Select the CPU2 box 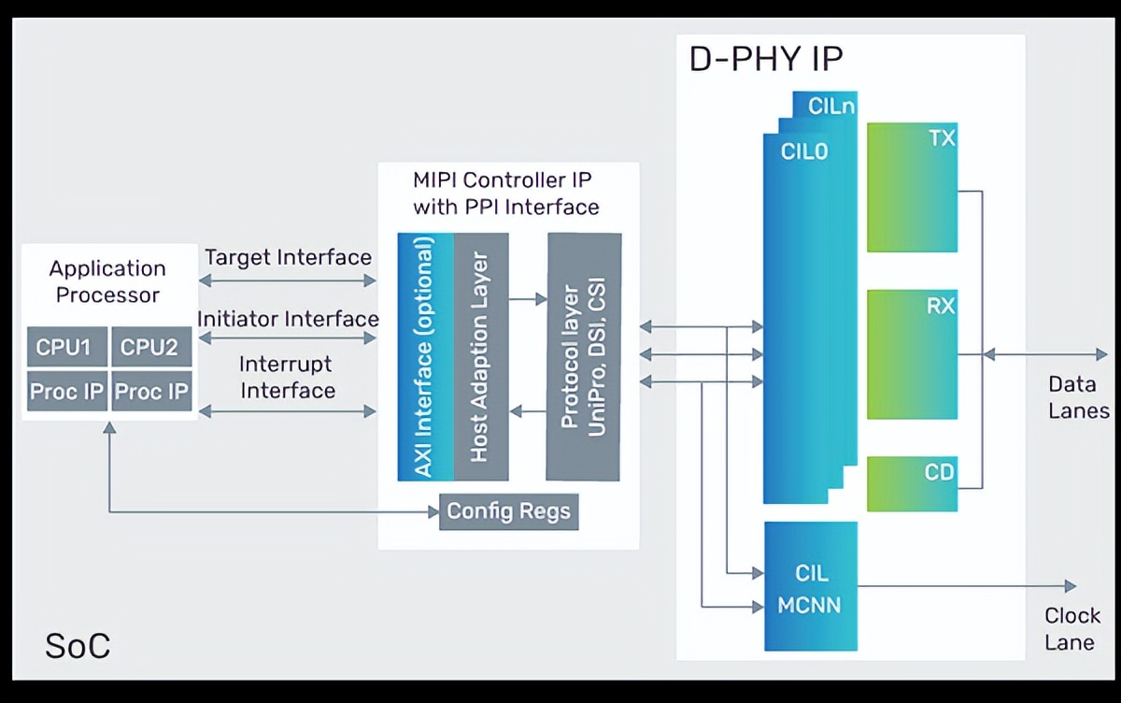tap(149, 347)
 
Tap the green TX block tap(912, 187)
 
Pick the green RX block tap(912, 354)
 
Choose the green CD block tap(912, 483)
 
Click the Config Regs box tap(508, 511)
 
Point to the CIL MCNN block tap(809, 587)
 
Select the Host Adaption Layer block tap(480, 356)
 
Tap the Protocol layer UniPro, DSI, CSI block tap(584, 356)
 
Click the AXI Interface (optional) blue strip tap(425, 356)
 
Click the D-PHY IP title tap(766, 60)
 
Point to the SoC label tap(78, 645)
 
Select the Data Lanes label tap(1077, 397)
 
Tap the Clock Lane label tap(1071, 629)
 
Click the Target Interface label tap(288, 257)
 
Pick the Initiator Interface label tap(288, 319)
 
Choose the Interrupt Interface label tap(288, 377)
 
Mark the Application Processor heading tap(107, 281)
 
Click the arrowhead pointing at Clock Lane tap(1070, 586)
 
